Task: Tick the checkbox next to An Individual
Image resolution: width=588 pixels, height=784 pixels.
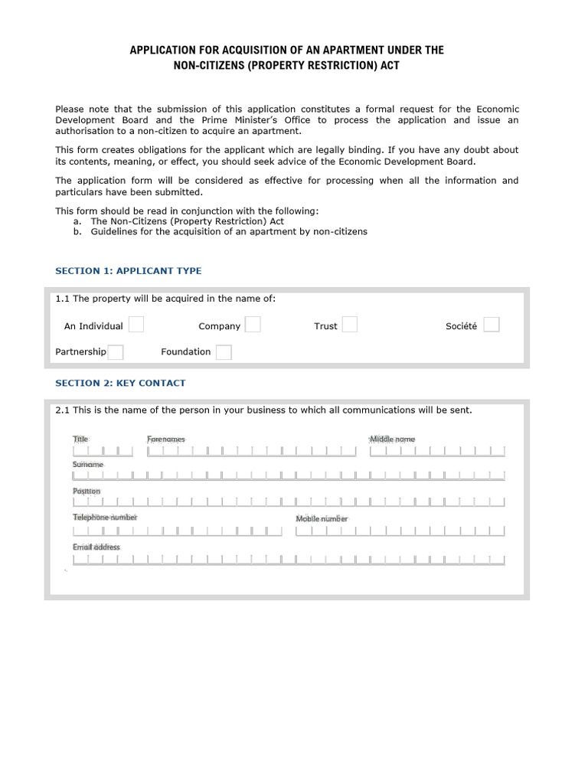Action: [x=136, y=325]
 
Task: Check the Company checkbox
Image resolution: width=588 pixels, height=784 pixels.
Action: [x=253, y=325]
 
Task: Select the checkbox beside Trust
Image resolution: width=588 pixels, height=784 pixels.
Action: [x=349, y=325]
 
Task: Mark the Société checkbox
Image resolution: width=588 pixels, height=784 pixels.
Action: [x=492, y=325]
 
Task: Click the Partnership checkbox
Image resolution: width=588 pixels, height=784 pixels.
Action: [x=116, y=352]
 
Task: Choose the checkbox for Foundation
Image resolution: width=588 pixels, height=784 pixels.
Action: [x=224, y=352]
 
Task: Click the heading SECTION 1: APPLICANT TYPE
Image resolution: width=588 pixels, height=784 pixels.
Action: [x=129, y=271]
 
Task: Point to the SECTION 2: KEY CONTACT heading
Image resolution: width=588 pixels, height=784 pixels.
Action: [x=120, y=383]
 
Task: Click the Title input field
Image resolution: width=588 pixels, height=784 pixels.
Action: [x=103, y=451]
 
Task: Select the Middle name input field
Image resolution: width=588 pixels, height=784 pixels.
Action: [x=437, y=451]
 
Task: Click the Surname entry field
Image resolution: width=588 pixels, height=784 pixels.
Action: [x=289, y=475]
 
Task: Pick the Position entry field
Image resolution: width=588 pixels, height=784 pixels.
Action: [x=289, y=502]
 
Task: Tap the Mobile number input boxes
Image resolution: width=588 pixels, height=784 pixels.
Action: [x=400, y=530]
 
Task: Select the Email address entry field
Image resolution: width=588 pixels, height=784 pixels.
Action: [x=289, y=559]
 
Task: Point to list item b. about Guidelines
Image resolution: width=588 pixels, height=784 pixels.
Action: [x=228, y=231]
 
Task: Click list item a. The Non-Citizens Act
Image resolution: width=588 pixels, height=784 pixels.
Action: [x=187, y=221]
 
